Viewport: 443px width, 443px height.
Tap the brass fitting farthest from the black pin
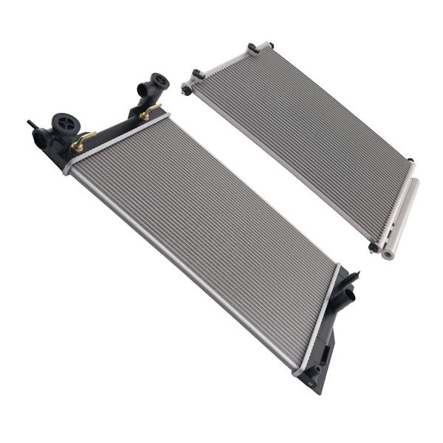(x=151, y=112)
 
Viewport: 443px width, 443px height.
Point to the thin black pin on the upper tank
(x=32, y=124)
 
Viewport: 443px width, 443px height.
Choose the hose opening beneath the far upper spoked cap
(x=142, y=91)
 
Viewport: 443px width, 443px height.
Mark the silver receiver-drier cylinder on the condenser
(x=400, y=214)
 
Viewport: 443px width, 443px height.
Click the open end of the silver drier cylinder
(x=387, y=254)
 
